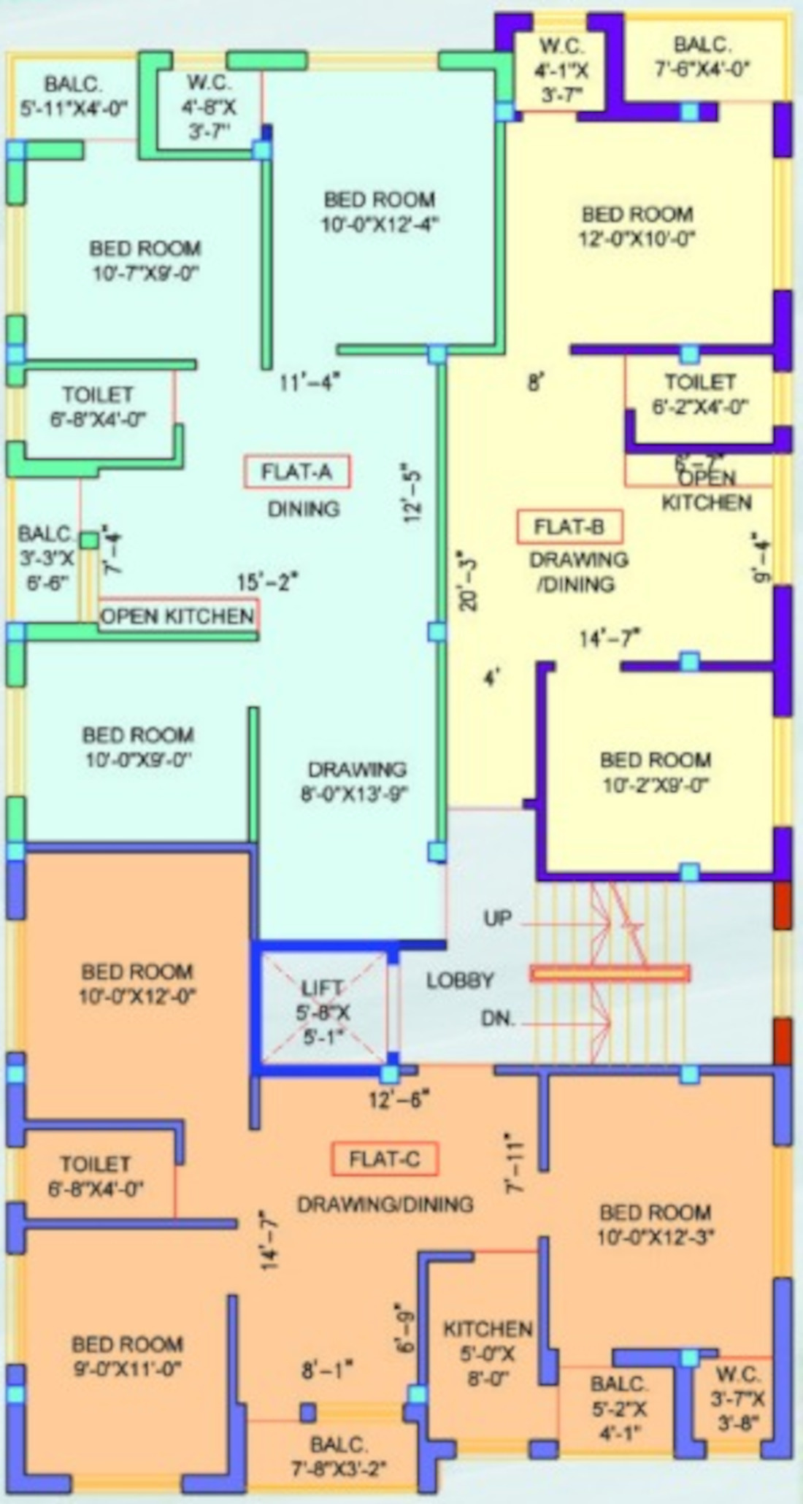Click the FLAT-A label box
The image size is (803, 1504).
coord(296,472)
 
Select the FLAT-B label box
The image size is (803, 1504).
coord(569,527)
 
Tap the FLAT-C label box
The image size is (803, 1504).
coord(385,1159)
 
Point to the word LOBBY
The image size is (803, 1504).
coord(460,981)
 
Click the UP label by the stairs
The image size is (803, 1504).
coord(497,918)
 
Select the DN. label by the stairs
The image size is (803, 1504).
coord(497,1018)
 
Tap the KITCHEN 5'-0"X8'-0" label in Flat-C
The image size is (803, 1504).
coord(488,1354)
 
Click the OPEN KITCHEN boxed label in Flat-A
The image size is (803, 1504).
coord(178,615)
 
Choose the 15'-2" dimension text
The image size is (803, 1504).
coord(268,582)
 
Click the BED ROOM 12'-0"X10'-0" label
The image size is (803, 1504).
coord(637,226)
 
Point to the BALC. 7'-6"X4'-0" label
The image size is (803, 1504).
coord(702,57)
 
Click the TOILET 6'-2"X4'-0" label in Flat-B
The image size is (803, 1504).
coord(699,394)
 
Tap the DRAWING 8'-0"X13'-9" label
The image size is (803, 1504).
coord(356,781)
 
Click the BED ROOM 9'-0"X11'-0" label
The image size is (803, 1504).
coord(127,1356)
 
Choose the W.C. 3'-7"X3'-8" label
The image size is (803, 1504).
coord(738,1397)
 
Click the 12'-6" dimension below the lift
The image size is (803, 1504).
coord(399,1100)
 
